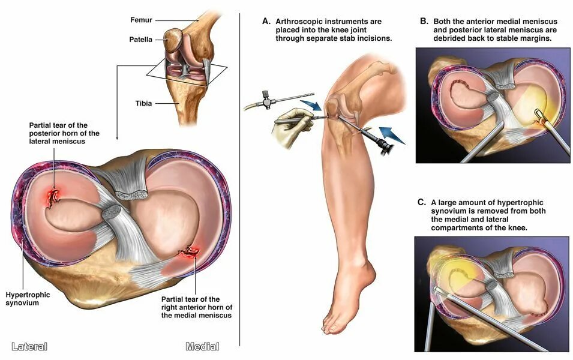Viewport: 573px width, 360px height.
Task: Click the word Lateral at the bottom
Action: pos(29,346)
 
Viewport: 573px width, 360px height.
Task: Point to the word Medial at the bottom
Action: pos(202,346)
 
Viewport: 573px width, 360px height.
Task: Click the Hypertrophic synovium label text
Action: pos(28,299)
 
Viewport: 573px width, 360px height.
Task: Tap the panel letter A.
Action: pos(266,21)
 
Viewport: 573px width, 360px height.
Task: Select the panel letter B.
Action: pos(424,21)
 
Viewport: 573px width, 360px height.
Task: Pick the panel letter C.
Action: pos(422,202)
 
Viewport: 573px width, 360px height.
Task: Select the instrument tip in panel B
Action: pos(535,115)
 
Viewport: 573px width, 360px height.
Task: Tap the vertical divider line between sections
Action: pos(240,180)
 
